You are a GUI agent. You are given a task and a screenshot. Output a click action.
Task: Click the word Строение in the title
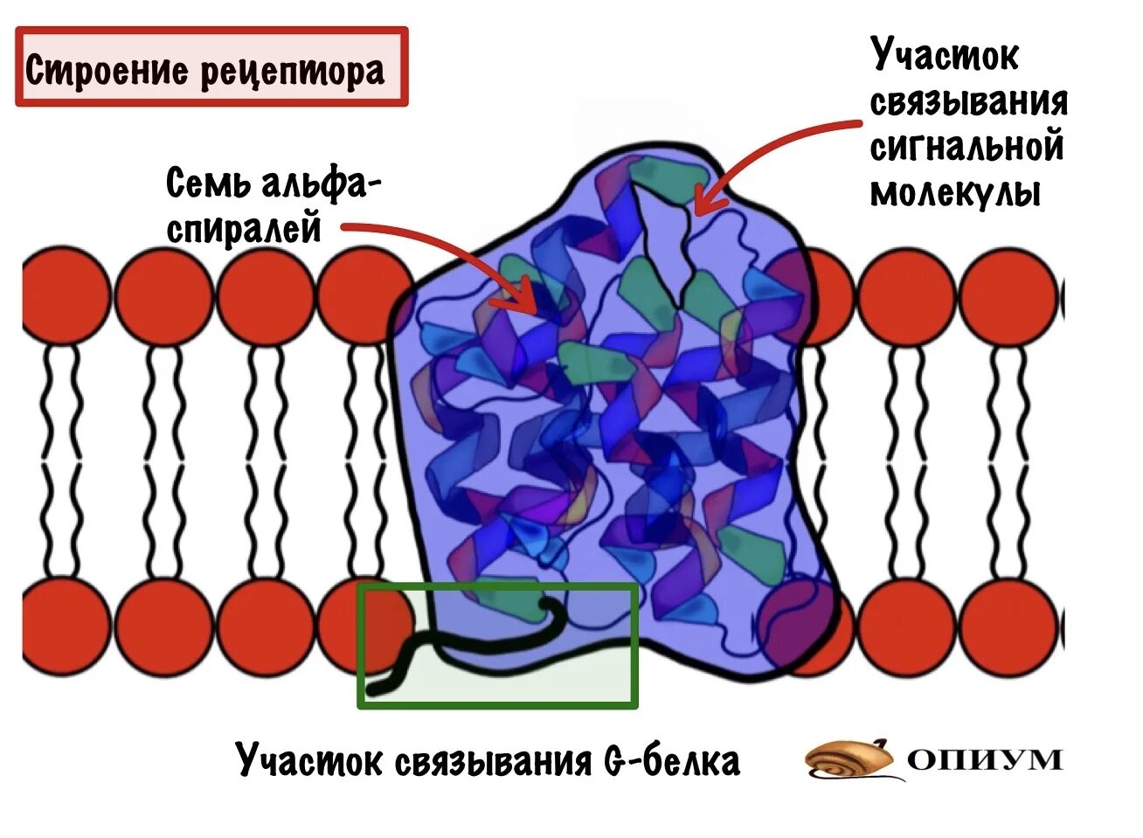pos(106,70)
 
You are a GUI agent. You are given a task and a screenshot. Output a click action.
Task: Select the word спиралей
pos(245,229)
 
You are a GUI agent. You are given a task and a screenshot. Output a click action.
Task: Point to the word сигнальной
pos(966,146)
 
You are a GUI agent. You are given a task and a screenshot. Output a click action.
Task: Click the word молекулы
pos(955,192)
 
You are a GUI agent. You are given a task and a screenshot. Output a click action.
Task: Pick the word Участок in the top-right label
pos(944,56)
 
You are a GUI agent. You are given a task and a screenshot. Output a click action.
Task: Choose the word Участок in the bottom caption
pos(309,760)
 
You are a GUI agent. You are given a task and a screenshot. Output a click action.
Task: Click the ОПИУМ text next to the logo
pos(986,758)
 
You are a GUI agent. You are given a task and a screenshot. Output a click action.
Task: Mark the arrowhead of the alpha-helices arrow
pos(528,301)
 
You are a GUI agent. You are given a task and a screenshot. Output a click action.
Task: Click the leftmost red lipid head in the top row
pos(63,294)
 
